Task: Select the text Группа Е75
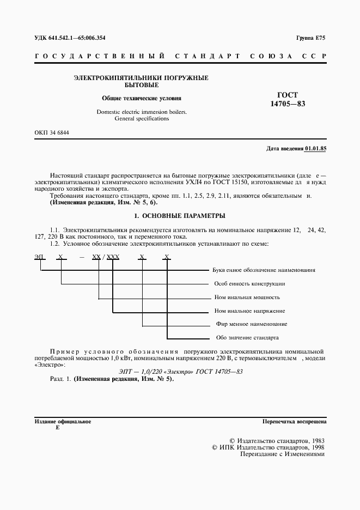point(310,38)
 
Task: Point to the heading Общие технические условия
point(142,99)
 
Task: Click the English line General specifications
point(142,118)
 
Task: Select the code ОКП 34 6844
point(52,133)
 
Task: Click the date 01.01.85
point(315,148)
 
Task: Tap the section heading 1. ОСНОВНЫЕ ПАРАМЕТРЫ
point(180,216)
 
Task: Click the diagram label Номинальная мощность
point(247,297)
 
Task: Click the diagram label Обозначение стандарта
point(247,337)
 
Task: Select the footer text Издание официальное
point(63,422)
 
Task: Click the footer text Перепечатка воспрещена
point(294,422)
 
